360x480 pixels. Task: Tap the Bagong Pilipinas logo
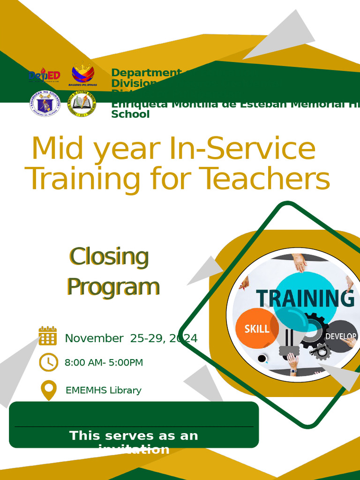82,75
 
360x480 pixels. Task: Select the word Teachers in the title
264,179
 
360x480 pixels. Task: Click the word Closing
109,256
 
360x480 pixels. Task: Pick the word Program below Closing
112,286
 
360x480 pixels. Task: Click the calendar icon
48,336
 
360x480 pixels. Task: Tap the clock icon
48,362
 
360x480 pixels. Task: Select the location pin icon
48,390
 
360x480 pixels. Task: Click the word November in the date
94,338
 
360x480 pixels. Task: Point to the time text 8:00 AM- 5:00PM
104,362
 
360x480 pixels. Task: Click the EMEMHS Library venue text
103,390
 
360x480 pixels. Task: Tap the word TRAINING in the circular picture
305,298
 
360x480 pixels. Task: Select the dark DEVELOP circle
341,336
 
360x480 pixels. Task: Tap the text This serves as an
134,435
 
